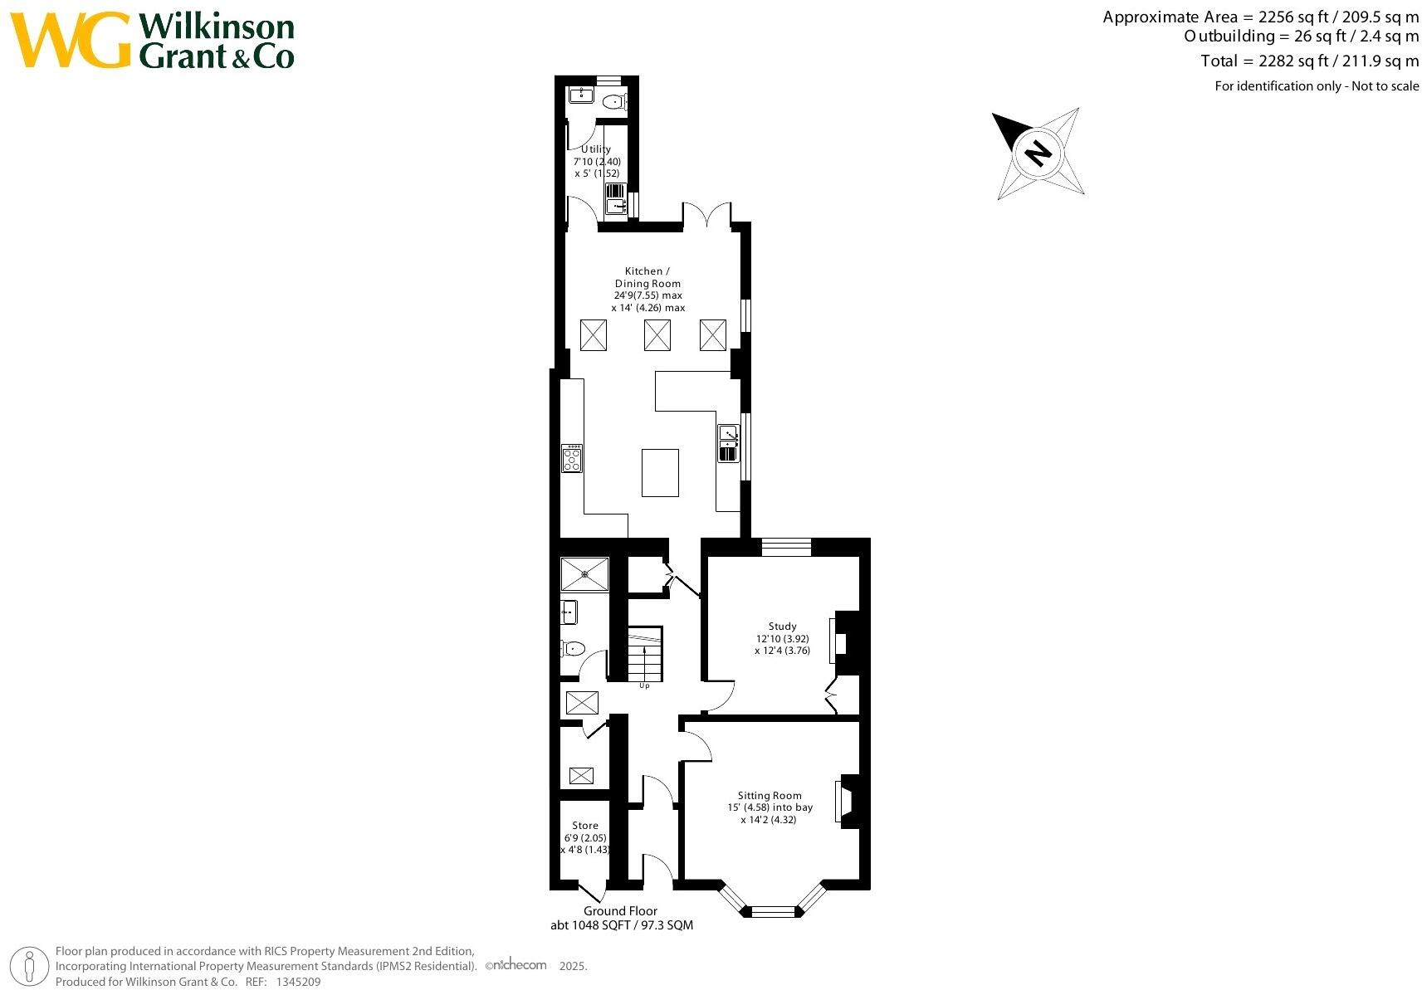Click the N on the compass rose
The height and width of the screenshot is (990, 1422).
tap(1037, 153)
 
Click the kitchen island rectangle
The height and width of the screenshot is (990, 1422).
tap(660, 473)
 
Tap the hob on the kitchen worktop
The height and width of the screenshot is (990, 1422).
tap(572, 458)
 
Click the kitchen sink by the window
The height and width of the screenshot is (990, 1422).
tap(728, 443)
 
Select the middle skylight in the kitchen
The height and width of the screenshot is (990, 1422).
tap(657, 335)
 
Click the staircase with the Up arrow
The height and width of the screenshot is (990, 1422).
tap(644, 654)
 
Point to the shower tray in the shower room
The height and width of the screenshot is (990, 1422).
tap(584, 573)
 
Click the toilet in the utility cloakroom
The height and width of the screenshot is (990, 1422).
tap(614, 103)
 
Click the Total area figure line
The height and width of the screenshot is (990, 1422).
tap(1309, 61)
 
